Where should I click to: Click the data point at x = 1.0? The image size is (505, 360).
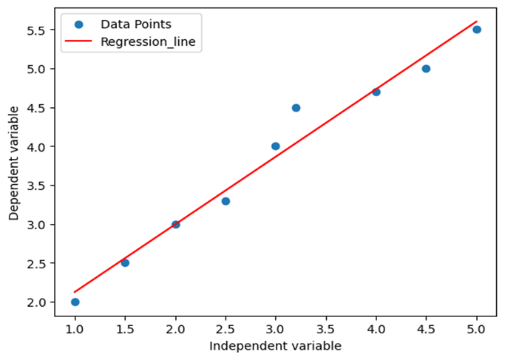[x=75, y=302]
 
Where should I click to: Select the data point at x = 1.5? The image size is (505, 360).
[x=125, y=263]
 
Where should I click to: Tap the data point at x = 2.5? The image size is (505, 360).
[x=226, y=201]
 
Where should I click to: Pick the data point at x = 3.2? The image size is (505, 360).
[x=296, y=108]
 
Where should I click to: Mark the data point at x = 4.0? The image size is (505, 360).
[x=376, y=92]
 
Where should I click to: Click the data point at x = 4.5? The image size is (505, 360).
[x=426, y=69]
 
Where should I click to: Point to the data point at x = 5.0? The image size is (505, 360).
[x=477, y=30]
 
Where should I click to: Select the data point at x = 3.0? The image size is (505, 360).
[x=276, y=146]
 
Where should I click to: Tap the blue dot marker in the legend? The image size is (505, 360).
[x=80, y=24]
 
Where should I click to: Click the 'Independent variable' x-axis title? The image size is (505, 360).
[x=275, y=346]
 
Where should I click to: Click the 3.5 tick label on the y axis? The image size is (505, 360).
[x=36, y=186]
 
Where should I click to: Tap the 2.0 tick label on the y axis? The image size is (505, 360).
[x=36, y=302]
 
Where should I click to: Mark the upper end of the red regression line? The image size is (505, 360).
[x=477, y=21]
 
